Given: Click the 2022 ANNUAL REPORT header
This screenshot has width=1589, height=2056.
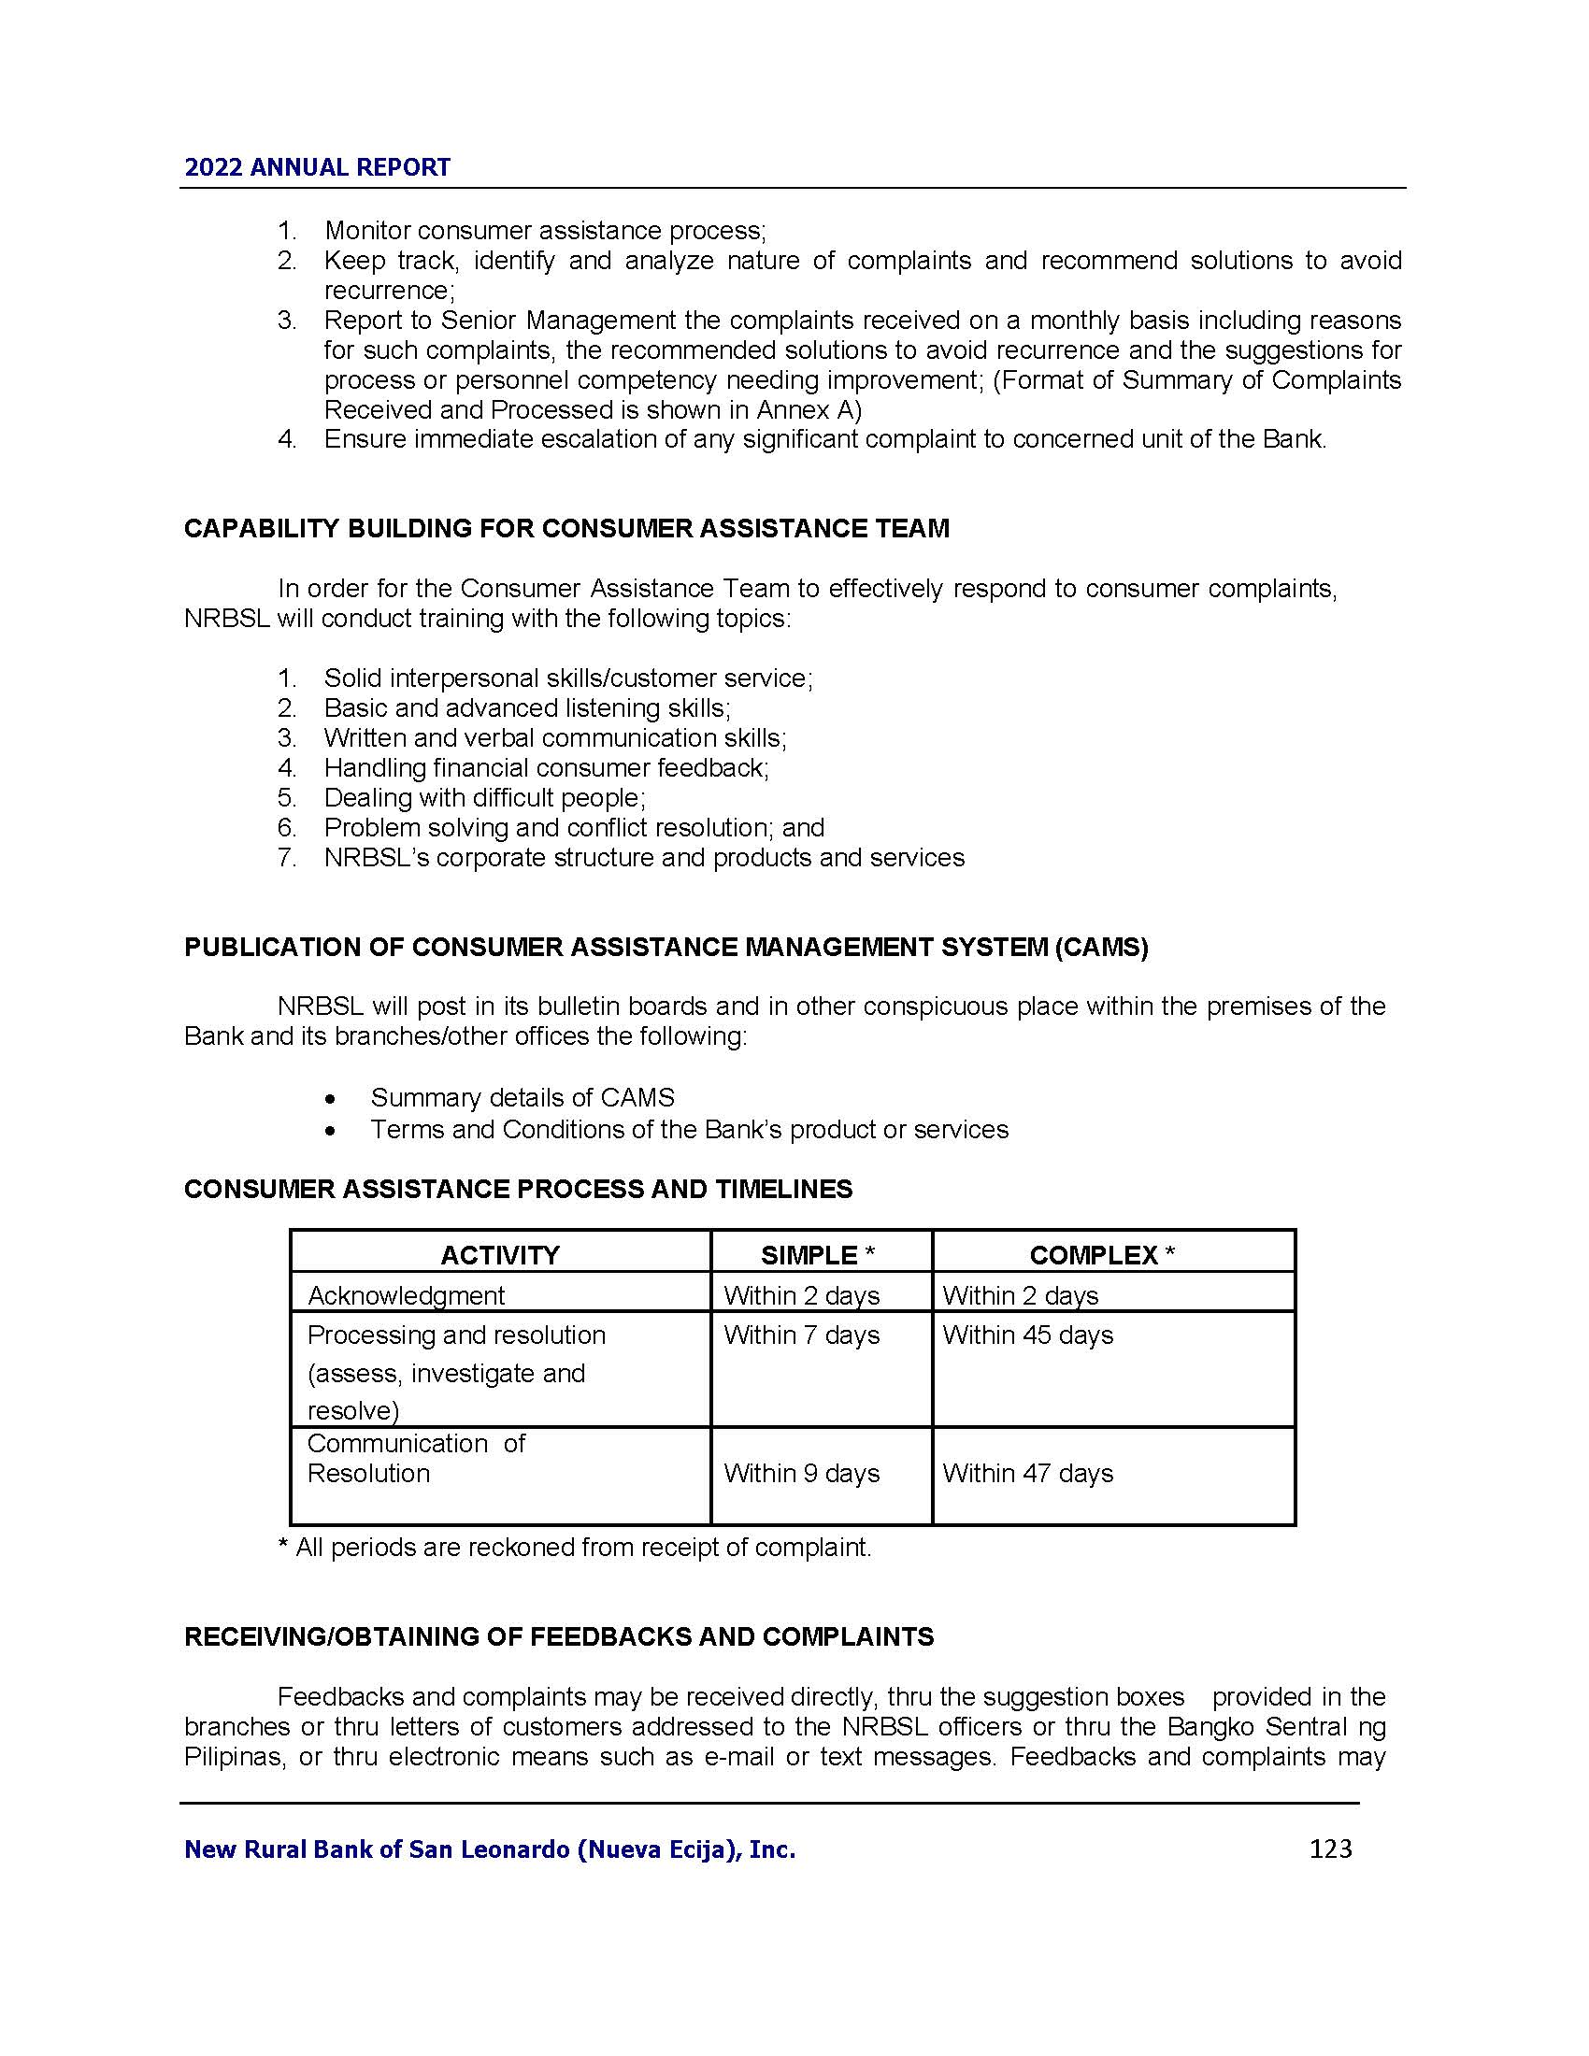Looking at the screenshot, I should tap(317, 167).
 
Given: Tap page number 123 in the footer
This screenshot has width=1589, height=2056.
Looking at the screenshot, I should tap(1330, 1849).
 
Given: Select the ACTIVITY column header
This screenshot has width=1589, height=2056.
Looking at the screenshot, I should tap(500, 1255).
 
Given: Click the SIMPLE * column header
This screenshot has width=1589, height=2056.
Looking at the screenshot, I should tap(817, 1255).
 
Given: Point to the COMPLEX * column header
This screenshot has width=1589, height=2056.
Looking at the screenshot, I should tap(1101, 1255).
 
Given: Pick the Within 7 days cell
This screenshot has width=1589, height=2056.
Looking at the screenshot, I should tap(801, 1335).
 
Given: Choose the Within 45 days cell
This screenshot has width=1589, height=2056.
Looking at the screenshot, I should tap(1027, 1335).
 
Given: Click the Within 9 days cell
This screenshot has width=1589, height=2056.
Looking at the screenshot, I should tap(801, 1473).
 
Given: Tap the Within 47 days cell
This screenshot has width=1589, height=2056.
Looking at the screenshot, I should tap(1027, 1473).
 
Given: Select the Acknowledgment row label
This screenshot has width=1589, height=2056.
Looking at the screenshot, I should tap(406, 1295).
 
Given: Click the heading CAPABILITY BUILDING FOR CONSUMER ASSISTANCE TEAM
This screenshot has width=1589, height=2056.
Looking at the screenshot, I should tap(565, 528).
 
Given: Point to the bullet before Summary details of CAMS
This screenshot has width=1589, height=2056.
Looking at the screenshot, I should tap(329, 1099).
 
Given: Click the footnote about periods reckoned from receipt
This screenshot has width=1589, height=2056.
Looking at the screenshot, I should tap(574, 1548).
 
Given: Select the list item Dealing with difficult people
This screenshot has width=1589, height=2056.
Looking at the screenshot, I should tap(484, 797).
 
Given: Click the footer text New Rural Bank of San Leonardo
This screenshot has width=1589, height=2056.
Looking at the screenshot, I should tap(490, 1849).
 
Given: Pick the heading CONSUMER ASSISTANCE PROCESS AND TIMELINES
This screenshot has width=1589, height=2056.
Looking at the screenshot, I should tap(518, 1189).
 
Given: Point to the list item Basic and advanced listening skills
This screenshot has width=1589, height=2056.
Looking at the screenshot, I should tap(526, 708).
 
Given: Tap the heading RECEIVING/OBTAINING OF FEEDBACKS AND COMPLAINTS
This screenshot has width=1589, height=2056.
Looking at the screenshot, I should tap(558, 1636).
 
